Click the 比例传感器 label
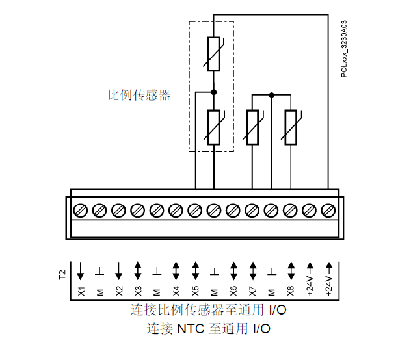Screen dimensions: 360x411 point(139,95)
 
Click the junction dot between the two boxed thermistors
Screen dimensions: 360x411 point(213,92)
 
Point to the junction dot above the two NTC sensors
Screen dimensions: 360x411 point(271,95)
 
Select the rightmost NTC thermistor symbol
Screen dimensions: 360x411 point(291,127)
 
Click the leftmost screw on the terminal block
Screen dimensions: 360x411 point(81,210)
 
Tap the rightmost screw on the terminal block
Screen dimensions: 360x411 point(328,210)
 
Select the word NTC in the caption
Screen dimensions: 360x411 point(191,328)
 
